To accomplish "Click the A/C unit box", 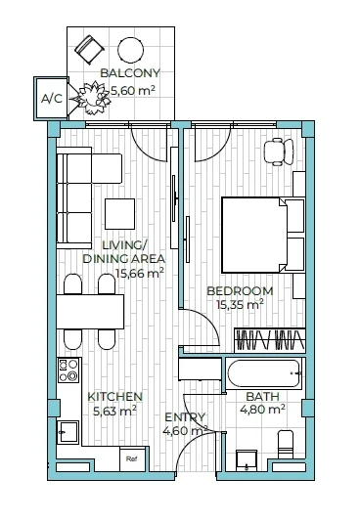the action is (x=51, y=99).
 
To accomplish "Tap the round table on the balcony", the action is (x=130, y=50).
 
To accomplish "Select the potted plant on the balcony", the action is (x=94, y=98).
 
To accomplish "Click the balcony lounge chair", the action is (x=89, y=49).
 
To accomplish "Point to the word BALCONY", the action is (x=130, y=73).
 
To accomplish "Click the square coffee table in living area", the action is (x=120, y=214).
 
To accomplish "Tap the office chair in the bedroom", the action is (x=279, y=152).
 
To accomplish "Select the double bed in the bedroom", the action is (x=263, y=235).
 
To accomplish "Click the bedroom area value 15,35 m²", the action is (x=240, y=304).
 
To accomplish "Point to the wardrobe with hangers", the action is (x=270, y=340).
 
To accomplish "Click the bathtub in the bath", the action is (x=264, y=373).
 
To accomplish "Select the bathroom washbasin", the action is (x=247, y=460).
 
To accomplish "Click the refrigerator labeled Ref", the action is (x=132, y=459).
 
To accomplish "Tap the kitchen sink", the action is (x=67, y=432).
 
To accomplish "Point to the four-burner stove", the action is (x=68, y=370).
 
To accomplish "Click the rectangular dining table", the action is (x=90, y=312).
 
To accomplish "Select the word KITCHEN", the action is (x=114, y=397).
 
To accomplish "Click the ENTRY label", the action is (x=185, y=417).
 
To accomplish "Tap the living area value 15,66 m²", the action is (x=140, y=274).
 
